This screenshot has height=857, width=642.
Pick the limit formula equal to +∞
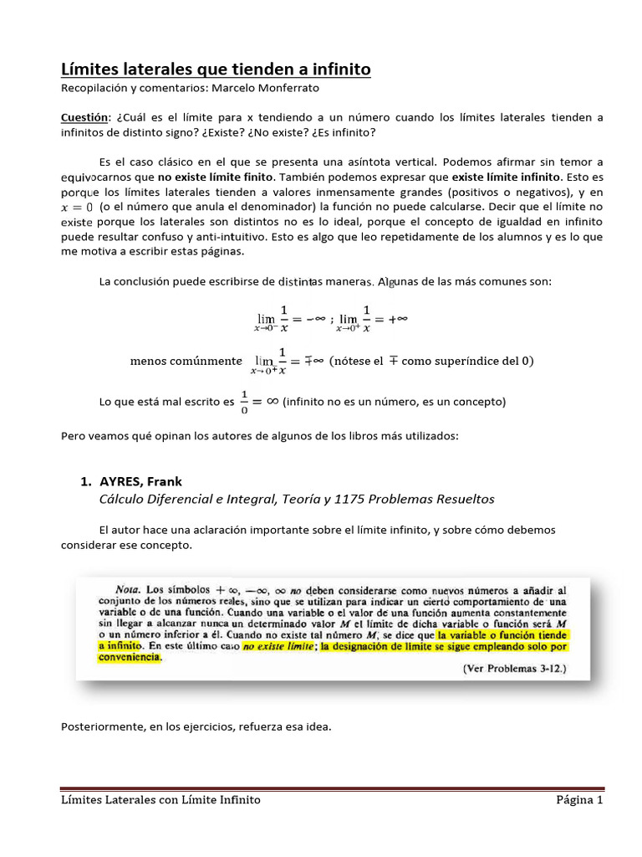pos(372,320)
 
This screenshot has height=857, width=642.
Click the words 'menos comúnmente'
pos(186,362)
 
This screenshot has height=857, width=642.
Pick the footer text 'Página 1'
pos(579,800)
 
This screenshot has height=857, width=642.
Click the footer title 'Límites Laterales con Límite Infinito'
pos(161,800)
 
